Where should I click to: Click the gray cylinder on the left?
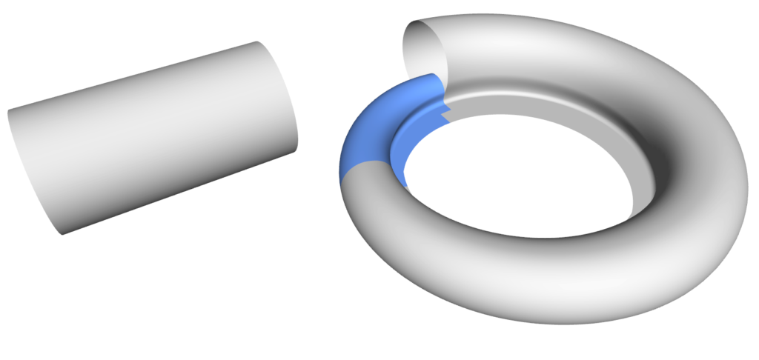pos(156,137)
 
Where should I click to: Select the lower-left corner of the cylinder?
pos(62,234)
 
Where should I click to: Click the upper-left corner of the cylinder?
pos(9,111)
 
